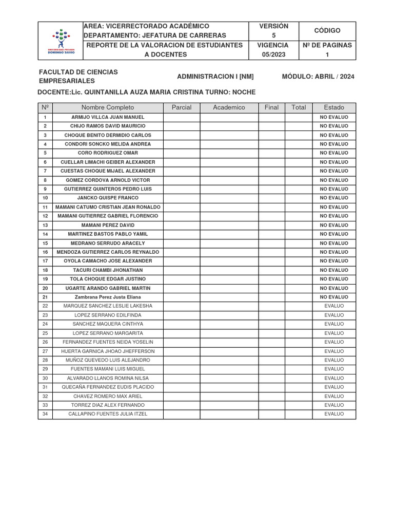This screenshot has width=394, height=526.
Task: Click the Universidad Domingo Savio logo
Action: [61, 40]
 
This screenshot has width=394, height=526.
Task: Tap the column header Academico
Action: [229, 107]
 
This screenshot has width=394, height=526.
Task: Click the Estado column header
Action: [334, 107]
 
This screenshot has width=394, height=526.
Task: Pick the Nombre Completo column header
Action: [108, 107]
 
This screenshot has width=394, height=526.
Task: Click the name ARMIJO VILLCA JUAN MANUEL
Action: [108, 117]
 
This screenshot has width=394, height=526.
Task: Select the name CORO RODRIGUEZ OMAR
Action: [108, 153]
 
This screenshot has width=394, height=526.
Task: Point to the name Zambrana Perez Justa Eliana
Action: [108, 297]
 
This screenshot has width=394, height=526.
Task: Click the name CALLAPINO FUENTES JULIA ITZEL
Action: [108, 414]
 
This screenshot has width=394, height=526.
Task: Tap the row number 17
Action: [45, 261]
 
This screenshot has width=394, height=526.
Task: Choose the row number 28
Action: [45, 360]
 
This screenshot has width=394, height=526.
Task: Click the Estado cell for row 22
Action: [334, 306]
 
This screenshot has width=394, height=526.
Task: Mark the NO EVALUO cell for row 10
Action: [334, 198]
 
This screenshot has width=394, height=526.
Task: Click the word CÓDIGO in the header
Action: [327, 31]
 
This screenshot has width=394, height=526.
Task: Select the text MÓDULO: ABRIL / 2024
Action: [318, 77]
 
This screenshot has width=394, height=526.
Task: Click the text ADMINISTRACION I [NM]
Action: [215, 77]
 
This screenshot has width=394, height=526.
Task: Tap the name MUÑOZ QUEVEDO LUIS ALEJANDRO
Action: [108, 360]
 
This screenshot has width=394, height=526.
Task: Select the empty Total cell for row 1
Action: [298, 117]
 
